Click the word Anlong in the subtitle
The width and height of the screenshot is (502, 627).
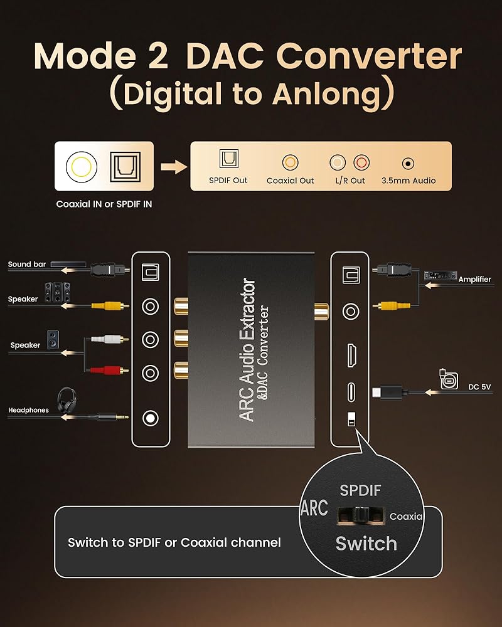(x=327, y=95)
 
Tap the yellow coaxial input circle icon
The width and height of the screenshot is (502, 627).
(x=82, y=166)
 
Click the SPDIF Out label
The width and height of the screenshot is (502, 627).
(x=228, y=181)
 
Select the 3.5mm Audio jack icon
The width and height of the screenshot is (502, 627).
(x=408, y=163)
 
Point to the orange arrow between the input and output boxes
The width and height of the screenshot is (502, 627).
(x=174, y=166)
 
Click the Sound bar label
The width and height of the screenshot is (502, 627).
(x=27, y=265)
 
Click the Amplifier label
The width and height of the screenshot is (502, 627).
(x=474, y=280)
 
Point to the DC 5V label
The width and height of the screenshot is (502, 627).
(x=479, y=387)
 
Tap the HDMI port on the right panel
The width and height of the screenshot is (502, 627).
(x=352, y=355)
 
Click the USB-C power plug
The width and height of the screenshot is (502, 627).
(x=389, y=391)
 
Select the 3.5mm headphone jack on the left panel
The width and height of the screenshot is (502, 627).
(x=150, y=418)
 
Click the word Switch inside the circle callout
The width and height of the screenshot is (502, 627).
(x=366, y=544)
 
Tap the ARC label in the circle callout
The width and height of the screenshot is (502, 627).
(x=314, y=508)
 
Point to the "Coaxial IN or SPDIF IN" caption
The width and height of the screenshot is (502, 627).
(x=104, y=204)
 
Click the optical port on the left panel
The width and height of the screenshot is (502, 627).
(x=151, y=272)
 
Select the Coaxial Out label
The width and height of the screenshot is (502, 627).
(x=291, y=181)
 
